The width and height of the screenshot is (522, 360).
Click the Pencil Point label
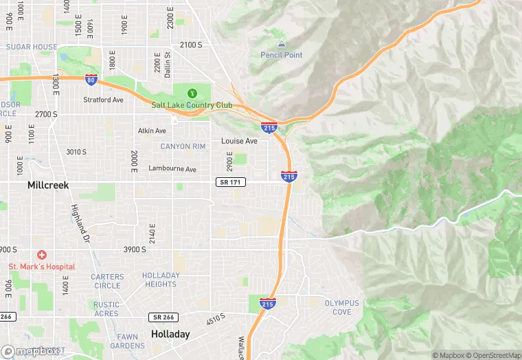coord(282,55)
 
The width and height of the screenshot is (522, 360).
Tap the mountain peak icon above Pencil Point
coord(282,43)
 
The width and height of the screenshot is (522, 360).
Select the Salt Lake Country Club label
coord(192,105)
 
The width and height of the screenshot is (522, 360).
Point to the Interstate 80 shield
coord(91,80)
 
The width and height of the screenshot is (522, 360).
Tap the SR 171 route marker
coord(229,182)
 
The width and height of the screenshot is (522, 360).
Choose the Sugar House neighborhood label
coord(32,47)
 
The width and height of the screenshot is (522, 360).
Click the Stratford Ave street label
coord(103,100)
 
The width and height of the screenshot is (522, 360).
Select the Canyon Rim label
coord(183,146)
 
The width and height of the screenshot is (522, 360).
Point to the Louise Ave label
coord(239,141)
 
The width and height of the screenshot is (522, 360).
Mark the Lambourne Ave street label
coord(172,169)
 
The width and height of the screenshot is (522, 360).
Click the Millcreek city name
coord(48,185)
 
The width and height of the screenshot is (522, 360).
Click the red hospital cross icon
coord(42,254)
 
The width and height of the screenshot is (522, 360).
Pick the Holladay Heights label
coord(161,280)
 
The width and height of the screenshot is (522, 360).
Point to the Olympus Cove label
coord(338,307)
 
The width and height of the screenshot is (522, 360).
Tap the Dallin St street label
coord(168,63)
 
